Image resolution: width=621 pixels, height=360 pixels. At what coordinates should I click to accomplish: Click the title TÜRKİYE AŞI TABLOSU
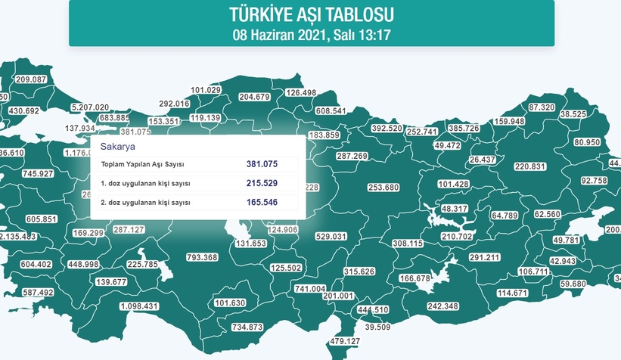pos(311,14)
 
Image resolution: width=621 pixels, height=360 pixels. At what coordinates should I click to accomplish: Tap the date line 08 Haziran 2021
pos(311,33)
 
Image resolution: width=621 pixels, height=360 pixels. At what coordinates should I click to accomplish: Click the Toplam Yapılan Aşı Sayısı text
pos(143,164)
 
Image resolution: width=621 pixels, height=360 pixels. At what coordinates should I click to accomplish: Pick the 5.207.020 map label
pos(90,107)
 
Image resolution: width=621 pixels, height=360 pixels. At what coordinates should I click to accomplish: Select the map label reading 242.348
pos(443,306)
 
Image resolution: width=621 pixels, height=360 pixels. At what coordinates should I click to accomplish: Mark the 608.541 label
pos(331,111)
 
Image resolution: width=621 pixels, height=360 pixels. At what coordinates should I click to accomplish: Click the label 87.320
pos(542,107)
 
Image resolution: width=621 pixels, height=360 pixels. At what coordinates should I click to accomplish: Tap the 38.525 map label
pos(573,114)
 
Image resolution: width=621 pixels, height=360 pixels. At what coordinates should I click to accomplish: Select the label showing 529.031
pos(331,237)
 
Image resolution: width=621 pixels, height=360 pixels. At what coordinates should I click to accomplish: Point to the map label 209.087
pos(31,80)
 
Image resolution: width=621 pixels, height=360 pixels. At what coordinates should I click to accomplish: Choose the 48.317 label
pos(455,208)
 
